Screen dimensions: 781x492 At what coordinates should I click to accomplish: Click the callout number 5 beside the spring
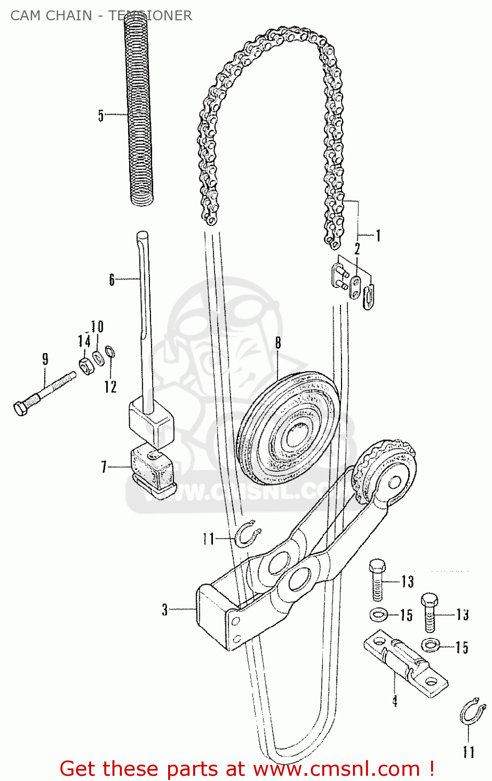101,115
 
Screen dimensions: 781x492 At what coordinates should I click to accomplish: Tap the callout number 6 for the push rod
111,280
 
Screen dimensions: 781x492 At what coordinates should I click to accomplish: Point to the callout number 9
45,359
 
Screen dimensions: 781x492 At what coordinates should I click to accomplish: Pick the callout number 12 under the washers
110,386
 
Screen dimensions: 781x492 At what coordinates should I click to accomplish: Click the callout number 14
83,341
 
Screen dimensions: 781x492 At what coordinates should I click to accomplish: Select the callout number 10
97,327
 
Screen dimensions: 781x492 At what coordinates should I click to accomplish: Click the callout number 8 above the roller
278,343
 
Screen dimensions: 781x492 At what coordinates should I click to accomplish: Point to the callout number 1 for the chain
379,236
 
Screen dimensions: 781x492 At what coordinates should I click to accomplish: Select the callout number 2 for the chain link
357,249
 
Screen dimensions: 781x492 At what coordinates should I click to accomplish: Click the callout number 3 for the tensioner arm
165,609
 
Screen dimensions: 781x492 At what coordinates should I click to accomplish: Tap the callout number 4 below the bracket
395,701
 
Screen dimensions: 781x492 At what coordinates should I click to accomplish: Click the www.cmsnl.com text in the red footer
336,769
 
